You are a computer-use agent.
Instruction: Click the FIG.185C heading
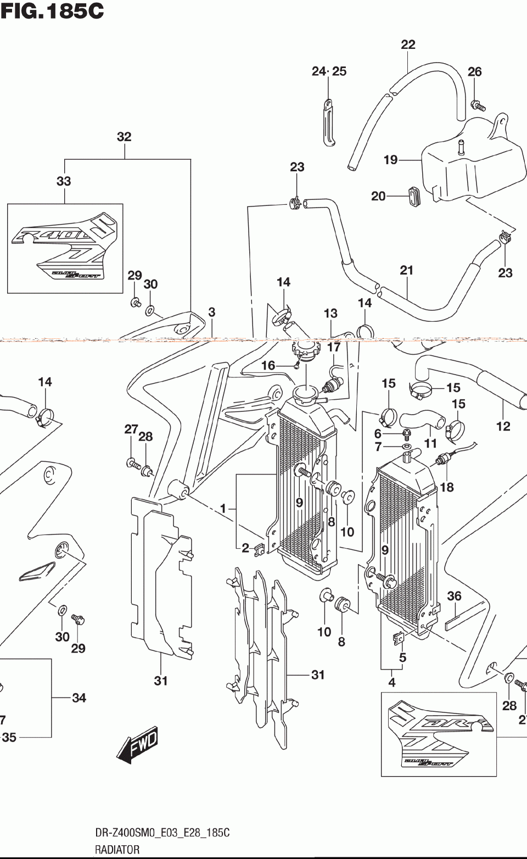52,10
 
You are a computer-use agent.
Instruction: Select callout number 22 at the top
408,44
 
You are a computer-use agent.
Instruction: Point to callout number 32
124,137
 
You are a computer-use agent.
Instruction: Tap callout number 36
454,596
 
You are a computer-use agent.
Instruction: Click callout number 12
503,426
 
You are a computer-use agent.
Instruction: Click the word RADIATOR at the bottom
115,850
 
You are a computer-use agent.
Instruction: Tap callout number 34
79,698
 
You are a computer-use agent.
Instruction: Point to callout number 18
447,487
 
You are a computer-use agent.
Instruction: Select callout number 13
330,314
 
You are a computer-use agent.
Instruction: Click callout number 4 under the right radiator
392,683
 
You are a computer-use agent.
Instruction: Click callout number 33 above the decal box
64,181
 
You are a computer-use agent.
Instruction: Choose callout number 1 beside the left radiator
223,509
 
